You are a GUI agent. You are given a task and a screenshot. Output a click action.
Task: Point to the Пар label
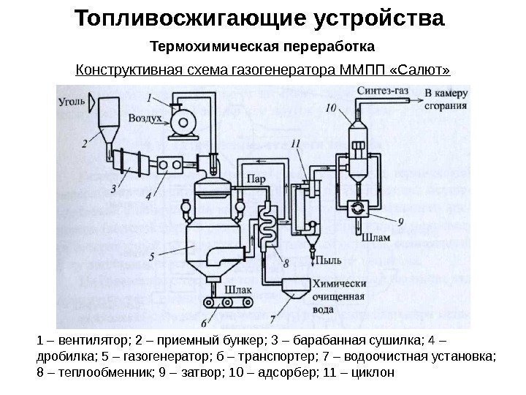coord(256,178)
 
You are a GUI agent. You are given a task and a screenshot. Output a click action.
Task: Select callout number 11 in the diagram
coord(294,143)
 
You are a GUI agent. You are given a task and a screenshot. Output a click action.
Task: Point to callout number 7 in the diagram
coord(272,319)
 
